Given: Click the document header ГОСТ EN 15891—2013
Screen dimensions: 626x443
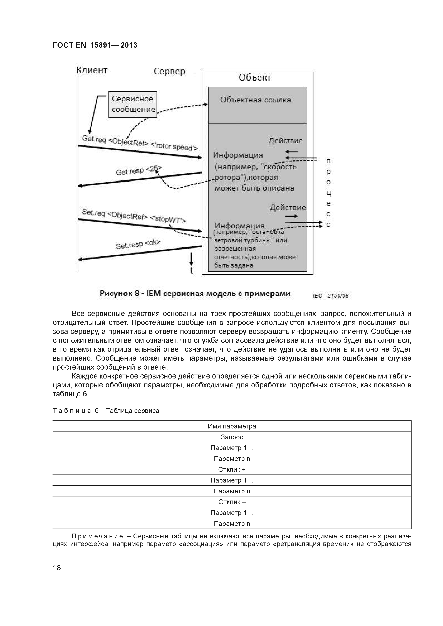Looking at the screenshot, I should coord(95,45).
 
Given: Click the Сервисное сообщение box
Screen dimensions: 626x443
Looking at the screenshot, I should coord(133,104).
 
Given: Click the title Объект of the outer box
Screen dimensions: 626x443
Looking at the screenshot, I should coord(255,78).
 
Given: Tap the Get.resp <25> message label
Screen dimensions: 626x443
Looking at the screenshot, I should coord(139,170).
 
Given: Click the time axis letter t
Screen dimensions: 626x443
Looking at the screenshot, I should coord(192,271).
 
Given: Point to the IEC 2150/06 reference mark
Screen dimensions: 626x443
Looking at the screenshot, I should coord(331,296).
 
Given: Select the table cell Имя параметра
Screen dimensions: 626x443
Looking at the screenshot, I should coord(232,426).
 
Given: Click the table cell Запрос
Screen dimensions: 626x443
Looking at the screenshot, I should coord(232,437).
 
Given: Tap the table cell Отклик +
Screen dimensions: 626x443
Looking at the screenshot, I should coord(232,469).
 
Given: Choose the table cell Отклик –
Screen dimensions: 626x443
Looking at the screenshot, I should coord(232,502).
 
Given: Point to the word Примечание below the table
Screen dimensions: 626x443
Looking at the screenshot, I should coord(97,536).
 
